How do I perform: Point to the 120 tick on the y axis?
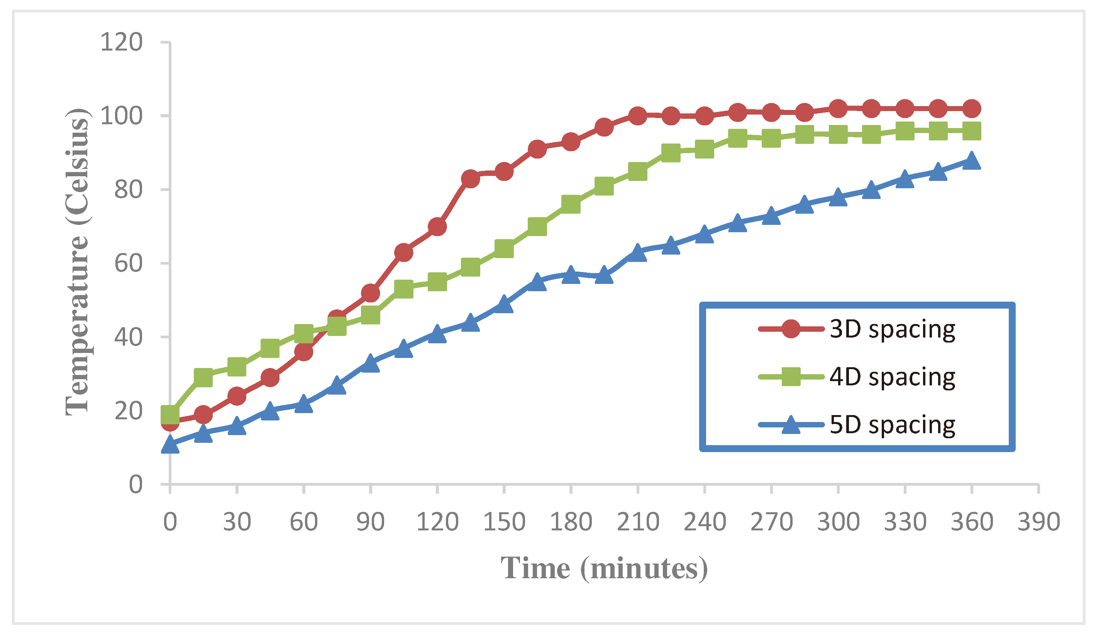point(121,42)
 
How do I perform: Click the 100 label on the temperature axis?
point(121,116)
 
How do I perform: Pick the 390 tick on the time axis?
point(1038,522)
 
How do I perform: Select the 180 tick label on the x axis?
point(571,522)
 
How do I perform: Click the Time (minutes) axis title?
point(604,568)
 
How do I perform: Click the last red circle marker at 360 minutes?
point(971,109)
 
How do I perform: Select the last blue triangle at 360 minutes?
point(971,161)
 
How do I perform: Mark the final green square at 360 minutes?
point(971,131)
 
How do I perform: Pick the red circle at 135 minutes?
point(470,179)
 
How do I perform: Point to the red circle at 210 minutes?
point(637,116)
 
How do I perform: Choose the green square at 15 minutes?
point(203,378)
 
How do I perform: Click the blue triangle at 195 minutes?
point(604,275)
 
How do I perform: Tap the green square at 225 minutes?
point(670,153)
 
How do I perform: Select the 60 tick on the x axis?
point(303,522)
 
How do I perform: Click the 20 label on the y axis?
point(128,411)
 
